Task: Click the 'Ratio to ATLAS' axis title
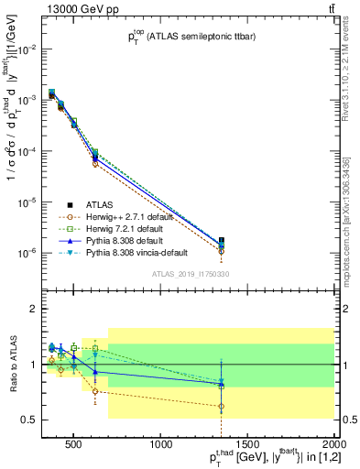point(11,364)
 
